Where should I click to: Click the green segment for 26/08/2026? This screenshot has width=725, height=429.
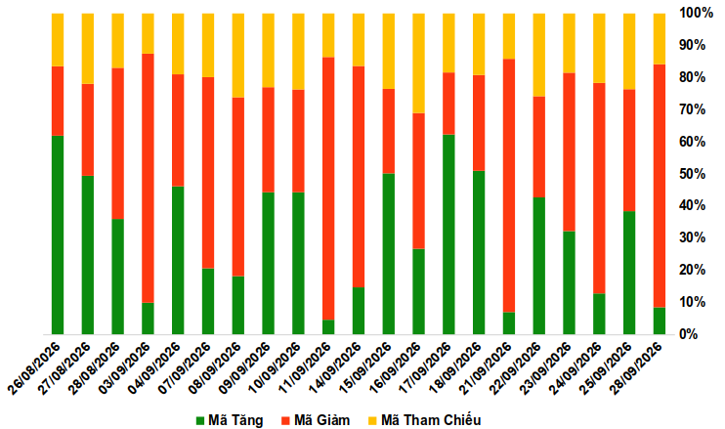click(x=58, y=235)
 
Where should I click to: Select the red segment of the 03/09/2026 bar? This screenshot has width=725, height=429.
click(x=148, y=178)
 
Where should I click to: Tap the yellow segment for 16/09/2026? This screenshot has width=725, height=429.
click(x=419, y=64)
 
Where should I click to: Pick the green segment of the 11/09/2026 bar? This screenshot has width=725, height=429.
click(x=328, y=326)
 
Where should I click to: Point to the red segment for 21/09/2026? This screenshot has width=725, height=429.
click(x=509, y=186)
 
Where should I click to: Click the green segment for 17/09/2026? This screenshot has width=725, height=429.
click(x=448, y=235)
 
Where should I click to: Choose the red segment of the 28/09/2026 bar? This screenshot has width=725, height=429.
click(x=660, y=186)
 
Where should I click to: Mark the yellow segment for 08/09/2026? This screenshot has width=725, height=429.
click(x=238, y=56)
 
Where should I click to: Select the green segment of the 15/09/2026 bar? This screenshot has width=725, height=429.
click(x=389, y=254)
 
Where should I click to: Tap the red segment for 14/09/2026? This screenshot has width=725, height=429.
click(x=359, y=177)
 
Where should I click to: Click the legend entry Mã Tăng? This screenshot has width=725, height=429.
click(x=230, y=420)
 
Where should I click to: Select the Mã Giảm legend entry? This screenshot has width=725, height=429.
click(x=316, y=420)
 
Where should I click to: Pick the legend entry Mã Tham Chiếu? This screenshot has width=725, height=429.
click(x=424, y=420)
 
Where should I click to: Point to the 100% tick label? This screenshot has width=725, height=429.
click(x=696, y=13)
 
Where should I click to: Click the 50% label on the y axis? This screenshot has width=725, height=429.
click(x=692, y=174)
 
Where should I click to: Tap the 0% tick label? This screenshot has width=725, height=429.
click(x=689, y=334)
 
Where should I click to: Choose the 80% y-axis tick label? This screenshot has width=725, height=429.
click(x=692, y=77)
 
